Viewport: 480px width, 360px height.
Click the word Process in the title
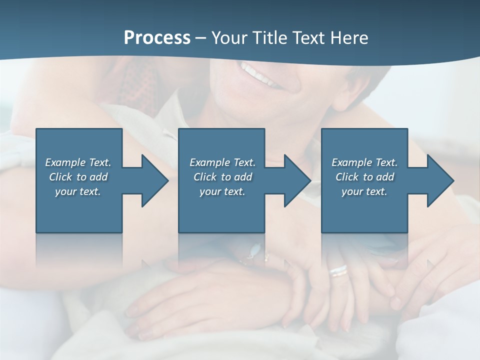click(x=157, y=38)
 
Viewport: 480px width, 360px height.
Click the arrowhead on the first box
click(x=153, y=181)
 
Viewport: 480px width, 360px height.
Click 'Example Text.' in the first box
click(x=78, y=162)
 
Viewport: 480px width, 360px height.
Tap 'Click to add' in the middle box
click(x=223, y=177)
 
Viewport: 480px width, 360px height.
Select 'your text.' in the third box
click(x=364, y=191)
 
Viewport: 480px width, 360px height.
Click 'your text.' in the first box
click(x=78, y=191)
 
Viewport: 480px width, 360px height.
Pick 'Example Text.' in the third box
click(x=364, y=162)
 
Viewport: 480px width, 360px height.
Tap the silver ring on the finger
click(x=338, y=271)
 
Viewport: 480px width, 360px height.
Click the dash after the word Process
click(x=200, y=38)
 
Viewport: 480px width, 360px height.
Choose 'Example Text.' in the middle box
click(x=222, y=162)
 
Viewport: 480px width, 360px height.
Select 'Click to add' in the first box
click(x=78, y=177)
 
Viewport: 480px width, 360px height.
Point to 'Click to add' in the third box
click(x=365, y=177)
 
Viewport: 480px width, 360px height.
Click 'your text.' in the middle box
click(x=222, y=191)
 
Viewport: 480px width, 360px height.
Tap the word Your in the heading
click(x=229, y=38)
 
